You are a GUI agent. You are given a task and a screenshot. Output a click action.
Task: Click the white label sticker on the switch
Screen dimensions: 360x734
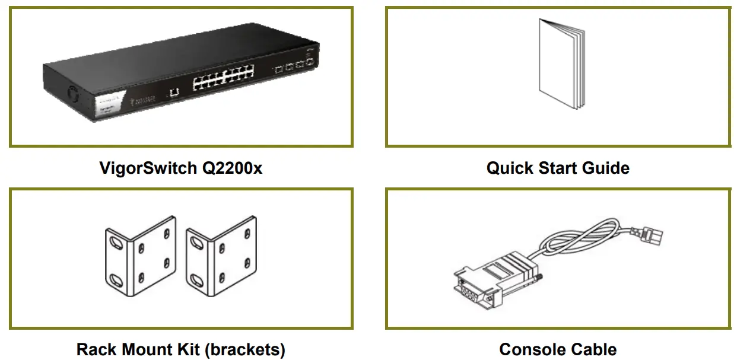tap(111, 106)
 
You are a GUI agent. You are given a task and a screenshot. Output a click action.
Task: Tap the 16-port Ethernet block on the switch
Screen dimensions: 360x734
tap(223, 79)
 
